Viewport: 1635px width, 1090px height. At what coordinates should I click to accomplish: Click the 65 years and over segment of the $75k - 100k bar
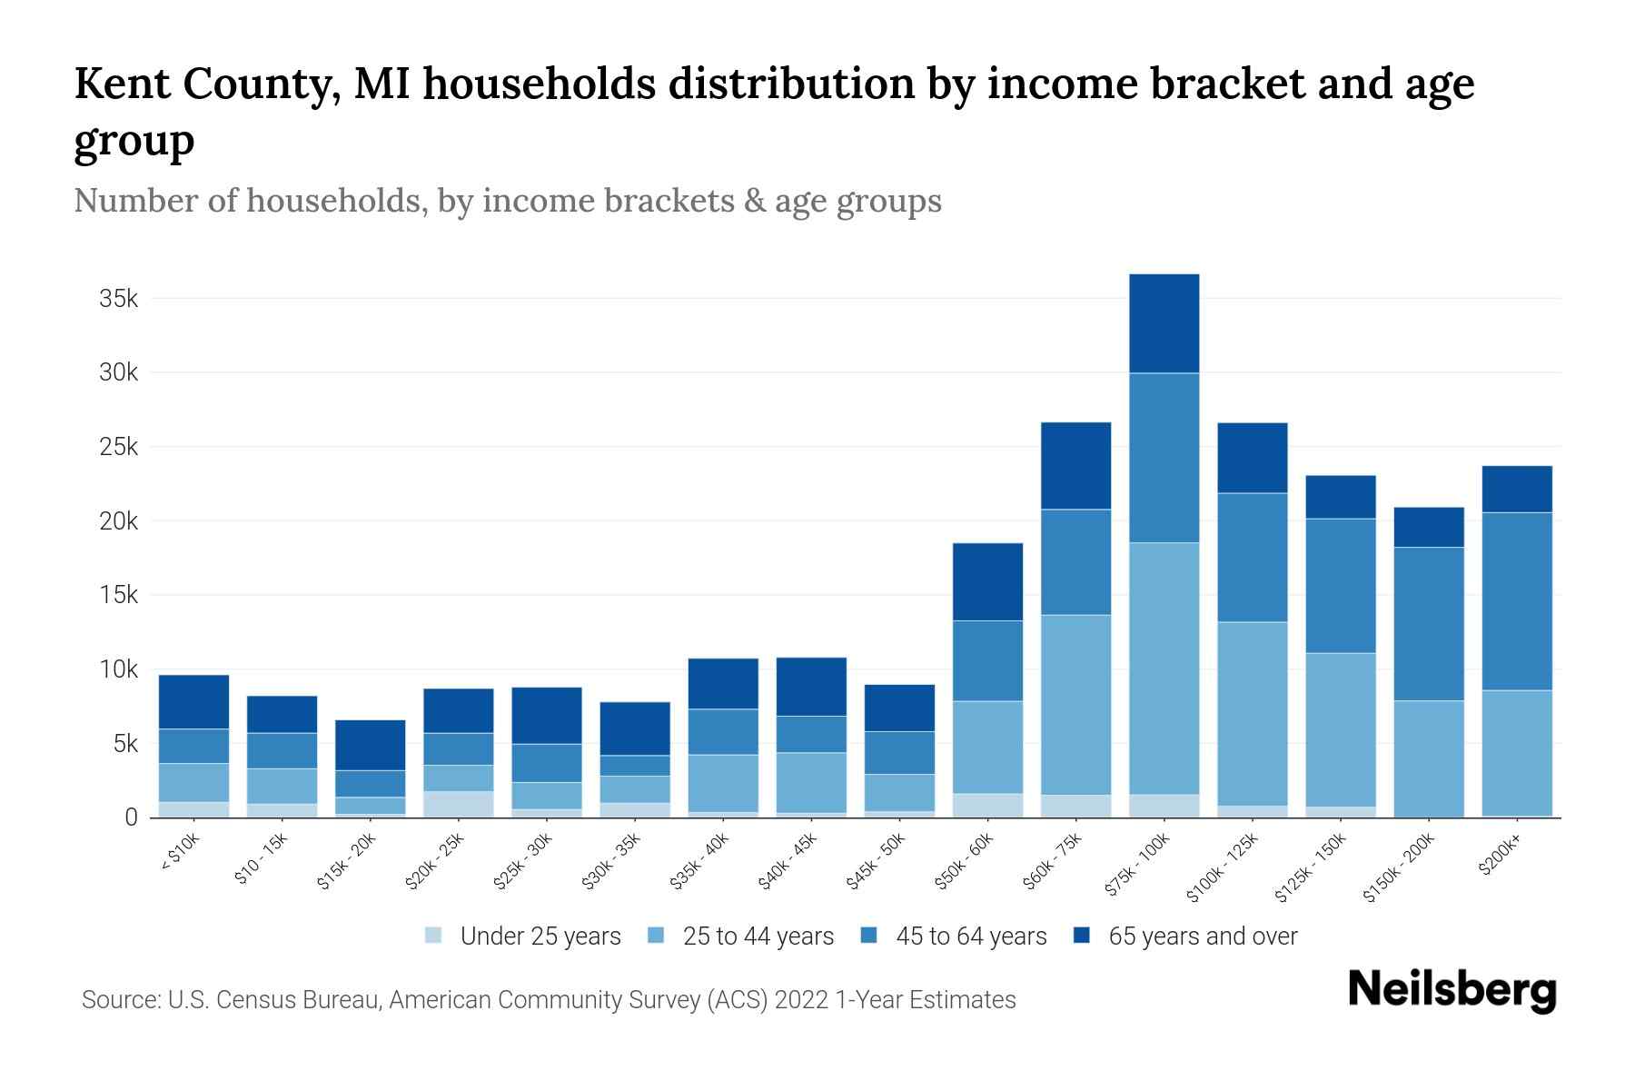(1164, 323)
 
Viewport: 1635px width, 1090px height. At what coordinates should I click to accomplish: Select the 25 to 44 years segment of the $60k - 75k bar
(1075, 705)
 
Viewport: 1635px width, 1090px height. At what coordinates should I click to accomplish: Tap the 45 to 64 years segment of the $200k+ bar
(1516, 601)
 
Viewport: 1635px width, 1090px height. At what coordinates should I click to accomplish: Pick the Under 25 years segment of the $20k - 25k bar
(458, 804)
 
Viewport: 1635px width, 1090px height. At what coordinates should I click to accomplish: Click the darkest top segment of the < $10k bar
(193, 702)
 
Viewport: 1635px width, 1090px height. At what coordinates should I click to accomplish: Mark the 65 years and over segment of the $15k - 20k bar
(370, 745)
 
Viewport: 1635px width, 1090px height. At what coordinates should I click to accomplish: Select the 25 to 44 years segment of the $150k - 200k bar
(1428, 758)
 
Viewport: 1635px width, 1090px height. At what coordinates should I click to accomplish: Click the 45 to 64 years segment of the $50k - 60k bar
(987, 660)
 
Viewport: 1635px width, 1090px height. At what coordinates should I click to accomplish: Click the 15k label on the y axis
(119, 596)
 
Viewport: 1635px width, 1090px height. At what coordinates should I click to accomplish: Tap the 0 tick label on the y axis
(131, 817)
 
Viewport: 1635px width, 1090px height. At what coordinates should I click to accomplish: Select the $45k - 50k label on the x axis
(877, 861)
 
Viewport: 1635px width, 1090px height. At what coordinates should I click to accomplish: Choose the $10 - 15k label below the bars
(261, 858)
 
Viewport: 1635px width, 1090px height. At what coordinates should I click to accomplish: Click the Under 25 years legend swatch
(434, 936)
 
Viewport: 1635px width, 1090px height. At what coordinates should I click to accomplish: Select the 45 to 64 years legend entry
(970, 936)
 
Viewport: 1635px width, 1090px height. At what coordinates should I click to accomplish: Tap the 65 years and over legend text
(1203, 936)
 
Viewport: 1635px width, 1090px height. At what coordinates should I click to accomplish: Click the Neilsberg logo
(1452, 989)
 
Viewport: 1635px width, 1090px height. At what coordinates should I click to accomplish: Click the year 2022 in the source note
(802, 1000)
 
